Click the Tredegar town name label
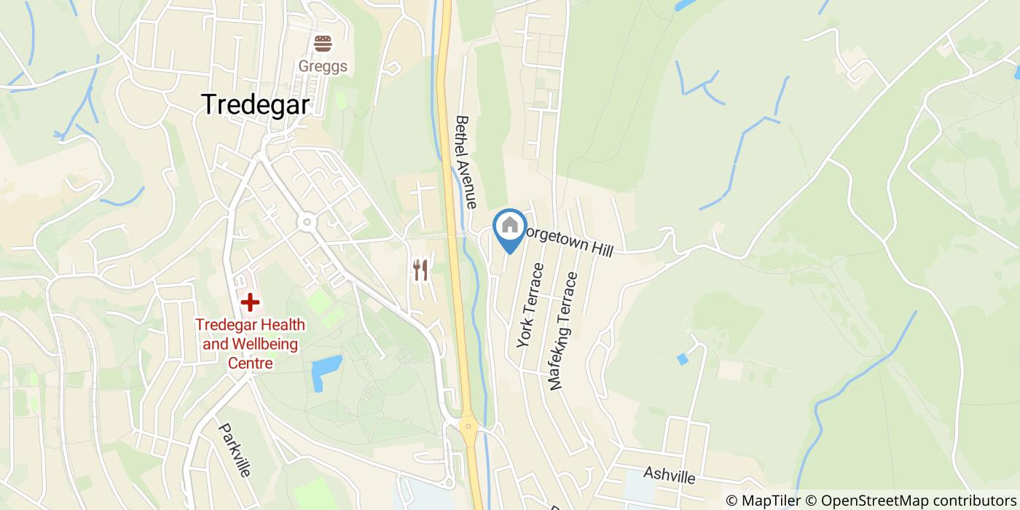(255, 104)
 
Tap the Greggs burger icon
(323, 44)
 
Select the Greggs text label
(323, 66)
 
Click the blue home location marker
(510, 227)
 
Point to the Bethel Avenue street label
(466, 162)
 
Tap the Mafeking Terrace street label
(564, 331)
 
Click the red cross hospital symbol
(250, 302)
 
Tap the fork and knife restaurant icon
(420, 270)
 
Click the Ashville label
(670, 476)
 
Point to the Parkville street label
(235, 450)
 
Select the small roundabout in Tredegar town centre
(306, 221)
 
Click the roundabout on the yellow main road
(468, 425)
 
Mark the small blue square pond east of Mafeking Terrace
(682, 359)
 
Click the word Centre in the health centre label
(250, 363)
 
